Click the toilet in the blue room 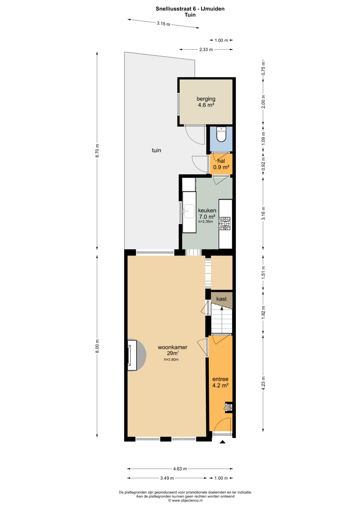[221, 134]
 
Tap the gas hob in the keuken [225, 223]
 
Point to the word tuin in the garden [156, 150]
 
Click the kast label [221, 299]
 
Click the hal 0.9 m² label [221, 164]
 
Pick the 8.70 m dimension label [97, 151]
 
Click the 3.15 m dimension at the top [163, 23]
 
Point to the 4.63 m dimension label [180, 469]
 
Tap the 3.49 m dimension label [167, 478]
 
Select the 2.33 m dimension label [206, 49]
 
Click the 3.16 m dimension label [263, 213]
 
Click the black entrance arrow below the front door [222, 442]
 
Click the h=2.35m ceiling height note [205, 222]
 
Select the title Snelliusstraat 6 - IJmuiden [190, 9]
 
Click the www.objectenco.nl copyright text [185, 500]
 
